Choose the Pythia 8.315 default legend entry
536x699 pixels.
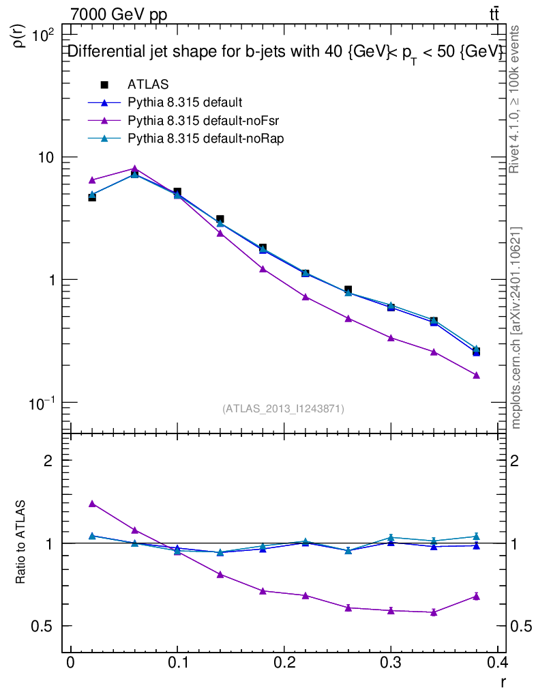pyautogui.click(x=184, y=103)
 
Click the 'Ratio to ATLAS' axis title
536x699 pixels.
pyautogui.click(x=21, y=543)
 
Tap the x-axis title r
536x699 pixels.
pyautogui.click(x=503, y=681)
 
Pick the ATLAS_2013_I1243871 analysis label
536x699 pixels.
pyautogui.click(x=283, y=408)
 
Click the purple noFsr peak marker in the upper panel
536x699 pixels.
pyautogui.click(x=135, y=169)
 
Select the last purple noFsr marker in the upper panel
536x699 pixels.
pyautogui.click(x=477, y=375)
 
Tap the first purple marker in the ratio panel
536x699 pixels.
pyautogui.click(x=92, y=504)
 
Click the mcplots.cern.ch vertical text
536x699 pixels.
pyautogui.click(x=516, y=328)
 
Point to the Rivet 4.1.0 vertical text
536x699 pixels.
pyautogui.click(x=516, y=99)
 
